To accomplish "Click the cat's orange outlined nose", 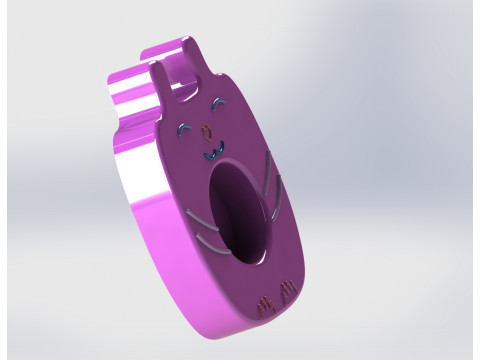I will [x=207, y=130].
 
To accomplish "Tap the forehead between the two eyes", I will [x=209, y=118].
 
